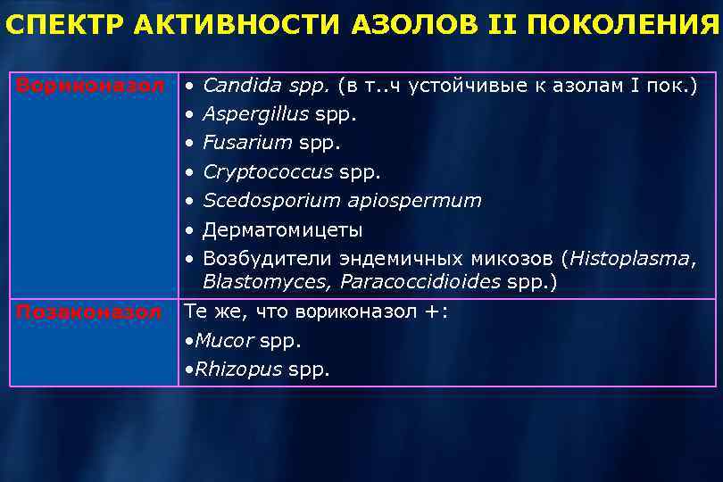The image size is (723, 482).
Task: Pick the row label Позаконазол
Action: pos(88,312)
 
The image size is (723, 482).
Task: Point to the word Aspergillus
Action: pos(255,114)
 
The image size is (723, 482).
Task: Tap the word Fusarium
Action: pos(247,143)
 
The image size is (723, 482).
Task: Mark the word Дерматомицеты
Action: pos(282,230)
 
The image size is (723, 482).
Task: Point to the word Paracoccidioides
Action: pos(420,282)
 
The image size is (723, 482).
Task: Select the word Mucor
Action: pos(224,341)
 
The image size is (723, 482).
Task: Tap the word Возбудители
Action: pos(267,259)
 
